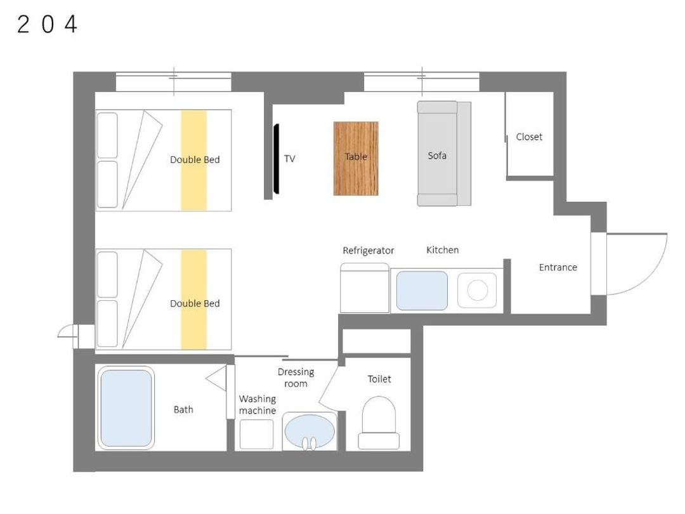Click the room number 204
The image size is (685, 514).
coord(47,24)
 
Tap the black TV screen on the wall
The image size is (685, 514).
coord(276,159)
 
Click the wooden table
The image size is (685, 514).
coord(356,158)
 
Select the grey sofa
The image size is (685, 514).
coord(444,154)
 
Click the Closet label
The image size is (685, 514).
coord(529,137)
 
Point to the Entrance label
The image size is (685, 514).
coord(558,267)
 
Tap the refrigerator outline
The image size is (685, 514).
coord(364,288)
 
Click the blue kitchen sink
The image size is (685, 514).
coord(422,291)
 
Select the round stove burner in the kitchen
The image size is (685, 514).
coord(477,290)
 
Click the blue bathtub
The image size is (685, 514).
coord(126,408)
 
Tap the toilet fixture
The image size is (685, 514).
coord(379,423)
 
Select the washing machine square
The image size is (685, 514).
coord(257,434)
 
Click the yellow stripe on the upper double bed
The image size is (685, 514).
coord(194,161)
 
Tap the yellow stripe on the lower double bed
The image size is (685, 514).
coord(194,300)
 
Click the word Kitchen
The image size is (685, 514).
coord(443,250)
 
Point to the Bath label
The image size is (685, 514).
coord(183,409)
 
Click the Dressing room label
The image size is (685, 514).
coord(296,378)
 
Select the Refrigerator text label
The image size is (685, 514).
coord(369,251)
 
